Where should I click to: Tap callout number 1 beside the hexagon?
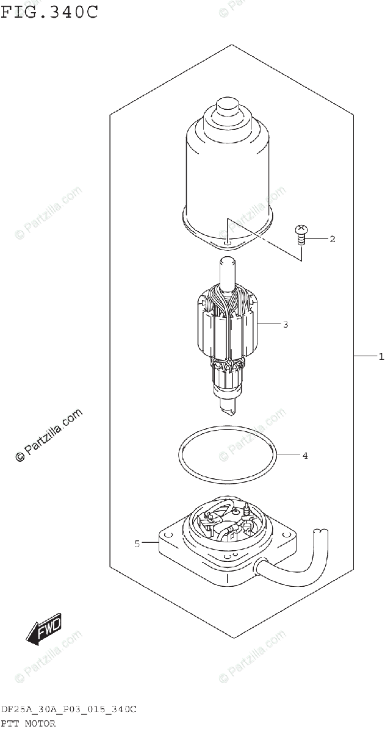tap(381, 357)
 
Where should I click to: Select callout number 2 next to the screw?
tap(333, 239)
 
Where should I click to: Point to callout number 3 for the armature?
tap(285, 324)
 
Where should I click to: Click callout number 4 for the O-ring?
tap(305, 454)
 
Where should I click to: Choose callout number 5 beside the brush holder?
tap(137, 542)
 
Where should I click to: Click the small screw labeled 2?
tap(301, 235)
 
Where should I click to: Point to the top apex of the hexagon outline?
tap(232, 45)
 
